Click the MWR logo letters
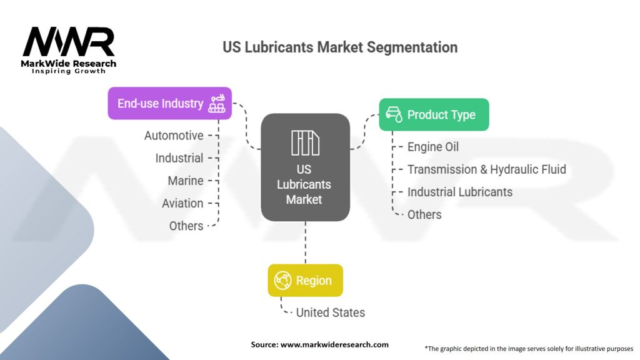point(69,42)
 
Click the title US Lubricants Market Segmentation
point(340,47)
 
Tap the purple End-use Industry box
point(169,103)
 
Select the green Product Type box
point(434,114)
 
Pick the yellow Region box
point(305,281)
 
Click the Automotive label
point(174,136)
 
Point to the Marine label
point(186,181)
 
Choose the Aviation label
point(182,203)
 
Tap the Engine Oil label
point(433,147)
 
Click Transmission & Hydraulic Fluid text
point(486,169)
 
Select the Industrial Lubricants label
point(459,192)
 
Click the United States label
point(330,312)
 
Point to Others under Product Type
point(424,214)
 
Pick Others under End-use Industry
point(186,226)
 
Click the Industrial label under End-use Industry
point(179,158)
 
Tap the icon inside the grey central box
point(305,143)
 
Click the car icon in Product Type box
point(394,114)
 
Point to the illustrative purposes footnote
point(529,348)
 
